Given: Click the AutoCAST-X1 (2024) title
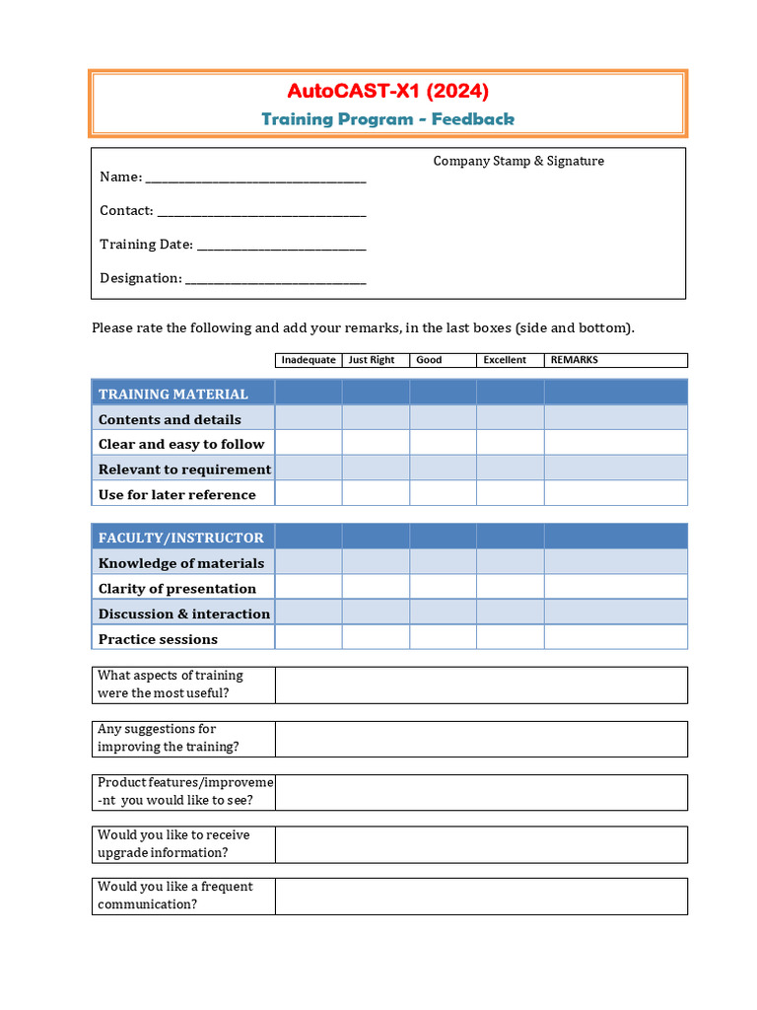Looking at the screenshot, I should pyautogui.click(x=387, y=92).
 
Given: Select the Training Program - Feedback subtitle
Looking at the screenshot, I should pyautogui.click(x=387, y=119).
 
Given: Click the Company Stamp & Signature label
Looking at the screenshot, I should pyautogui.click(x=518, y=161).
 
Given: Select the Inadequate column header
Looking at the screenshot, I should pyautogui.click(x=309, y=360).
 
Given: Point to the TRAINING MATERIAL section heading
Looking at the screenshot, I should pyautogui.click(x=173, y=394).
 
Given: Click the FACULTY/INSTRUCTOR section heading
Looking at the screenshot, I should pyautogui.click(x=181, y=538).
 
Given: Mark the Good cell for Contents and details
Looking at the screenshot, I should pyautogui.click(x=443, y=419).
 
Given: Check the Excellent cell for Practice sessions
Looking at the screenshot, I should pyautogui.click(x=510, y=638).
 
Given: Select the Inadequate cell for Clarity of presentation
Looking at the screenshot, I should pyautogui.click(x=309, y=588).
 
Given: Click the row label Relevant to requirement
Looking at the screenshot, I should pyautogui.click(x=184, y=469).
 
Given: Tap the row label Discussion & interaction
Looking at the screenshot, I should pyautogui.click(x=184, y=613).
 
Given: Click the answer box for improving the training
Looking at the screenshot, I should pyautogui.click(x=481, y=738).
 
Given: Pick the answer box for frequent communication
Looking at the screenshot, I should pyautogui.click(x=481, y=896).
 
